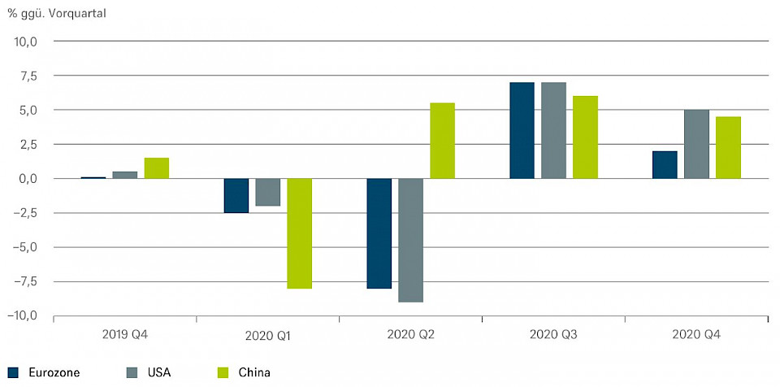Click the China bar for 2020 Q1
coord(299,233)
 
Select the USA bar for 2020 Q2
coord(410,240)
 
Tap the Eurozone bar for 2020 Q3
coord(522,130)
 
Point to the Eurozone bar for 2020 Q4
coord(665,164)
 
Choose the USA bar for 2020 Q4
coord(696,144)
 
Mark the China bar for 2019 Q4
coord(156,168)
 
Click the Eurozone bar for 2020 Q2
coord(379,233)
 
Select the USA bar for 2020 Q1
coord(267,192)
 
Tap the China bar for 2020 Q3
coord(585,137)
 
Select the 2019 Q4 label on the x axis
coord(125,334)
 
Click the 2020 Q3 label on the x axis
coord(553,334)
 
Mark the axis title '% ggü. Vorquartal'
coord(57,14)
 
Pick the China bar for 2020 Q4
coord(728,147)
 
